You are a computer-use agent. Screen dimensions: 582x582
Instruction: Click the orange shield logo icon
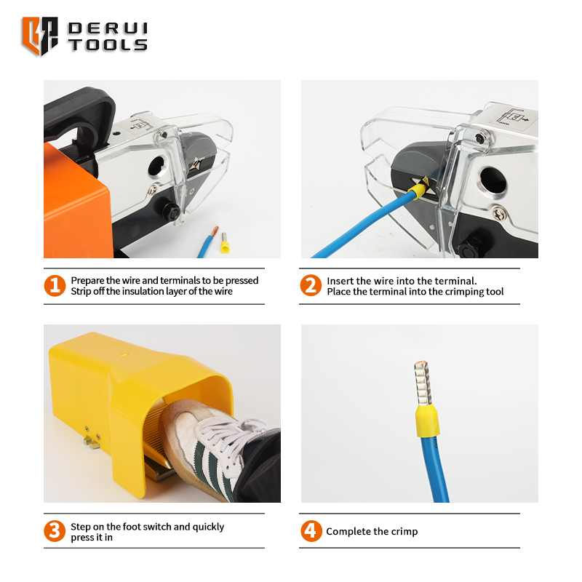pyautogui.click(x=40, y=36)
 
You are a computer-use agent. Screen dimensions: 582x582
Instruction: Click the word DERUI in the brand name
pyautogui.click(x=108, y=28)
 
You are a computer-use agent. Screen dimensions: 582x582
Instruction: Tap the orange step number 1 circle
pyautogui.click(x=55, y=286)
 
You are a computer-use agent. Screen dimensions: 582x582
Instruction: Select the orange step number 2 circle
pyautogui.click(x=311, y=285)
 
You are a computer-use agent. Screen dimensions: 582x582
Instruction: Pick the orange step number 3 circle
pyautogui.click(x=55, y=531)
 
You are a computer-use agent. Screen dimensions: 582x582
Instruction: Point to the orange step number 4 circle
pyautogui.click(x=311, y=531)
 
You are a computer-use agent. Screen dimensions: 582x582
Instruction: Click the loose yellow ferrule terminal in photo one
pyautogui.click(x=224, y=243)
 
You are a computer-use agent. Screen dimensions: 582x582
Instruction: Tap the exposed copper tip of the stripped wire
pyautogui.click(x=215, y=231)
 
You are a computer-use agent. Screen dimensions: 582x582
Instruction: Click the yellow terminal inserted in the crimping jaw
pyautogui.click(x=417, y=191)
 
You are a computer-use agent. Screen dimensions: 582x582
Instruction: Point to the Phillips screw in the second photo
pyautogui.click(x=498, y=214)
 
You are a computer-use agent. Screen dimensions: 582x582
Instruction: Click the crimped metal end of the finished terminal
pyautogui.click(x=423, y=383)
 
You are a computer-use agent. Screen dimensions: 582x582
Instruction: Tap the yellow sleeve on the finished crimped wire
pyautogui.click(x=428, y=421)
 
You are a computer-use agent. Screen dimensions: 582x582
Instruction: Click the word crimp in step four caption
pyautogui.click(x=404, y=532)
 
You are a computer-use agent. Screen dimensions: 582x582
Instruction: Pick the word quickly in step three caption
pyautogui.click(x=208, y=527)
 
